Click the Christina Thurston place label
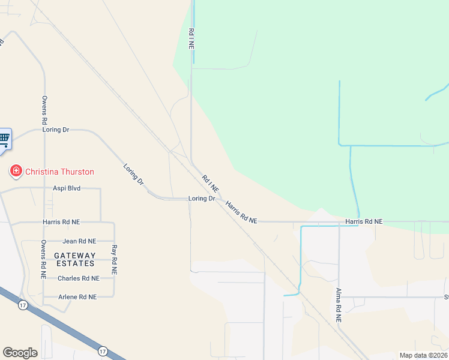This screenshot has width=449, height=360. pyautogui.click(x=59, y=172)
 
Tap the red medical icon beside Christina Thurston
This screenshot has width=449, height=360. pyautogui.click(x=16, y=172)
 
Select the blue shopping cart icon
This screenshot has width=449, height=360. pyautogui.click(x=4, y=139)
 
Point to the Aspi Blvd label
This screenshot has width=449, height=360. pyautogui.click(x=66, y=188)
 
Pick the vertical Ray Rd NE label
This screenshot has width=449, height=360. pyautogui.click(x=114, y=260)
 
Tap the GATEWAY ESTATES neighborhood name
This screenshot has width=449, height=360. pyautogui.click(x=75, y=259)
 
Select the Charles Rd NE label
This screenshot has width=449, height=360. pyautogui.click(x=78, y=278)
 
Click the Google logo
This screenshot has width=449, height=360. pyautogui.click(x=20, y=352)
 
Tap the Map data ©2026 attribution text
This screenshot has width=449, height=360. pyautogui.click(x=423, y=355)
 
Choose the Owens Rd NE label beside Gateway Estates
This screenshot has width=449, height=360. pyautogui.click(x=44, y=259)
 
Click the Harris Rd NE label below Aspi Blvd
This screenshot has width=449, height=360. pyautogui.click(x=61, y=222)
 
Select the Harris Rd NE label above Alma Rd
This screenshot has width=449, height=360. pyautogui.click(x=364, y=222)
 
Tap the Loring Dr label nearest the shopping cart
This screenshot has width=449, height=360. pyautogui.click(x=56, y=130)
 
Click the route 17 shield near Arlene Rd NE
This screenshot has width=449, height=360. pyautogui.click(x=22, y=305)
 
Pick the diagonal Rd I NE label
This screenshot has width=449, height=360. pyautogui.click(x=211, y=183)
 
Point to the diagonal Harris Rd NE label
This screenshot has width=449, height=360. pyautogui.click(x=241, y=213)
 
